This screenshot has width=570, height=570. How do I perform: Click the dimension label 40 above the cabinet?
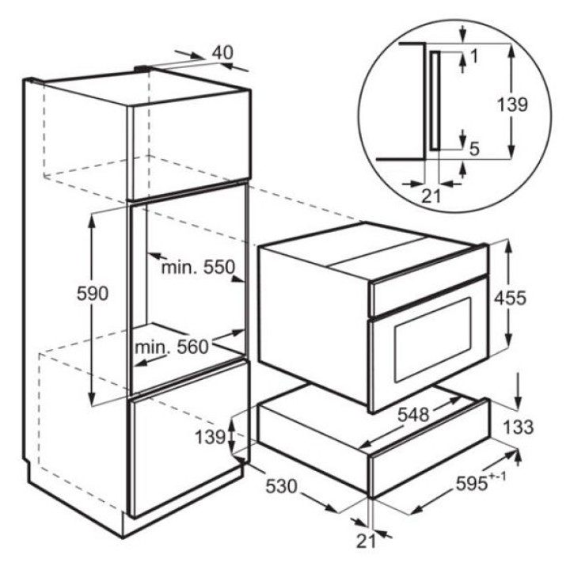(x=222, y=53)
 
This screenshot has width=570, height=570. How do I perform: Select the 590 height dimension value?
(x=93, y=293)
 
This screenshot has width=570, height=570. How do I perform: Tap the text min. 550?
(x=198, y=268)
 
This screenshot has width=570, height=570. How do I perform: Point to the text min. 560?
(x=172, y=347)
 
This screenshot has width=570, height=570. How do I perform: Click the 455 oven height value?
(x=510, y=298)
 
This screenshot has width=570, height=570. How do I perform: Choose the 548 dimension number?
(x=413, y=414)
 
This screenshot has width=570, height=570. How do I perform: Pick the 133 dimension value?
(x=519, y=427)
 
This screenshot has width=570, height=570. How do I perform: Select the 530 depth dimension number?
(x=281, y=486)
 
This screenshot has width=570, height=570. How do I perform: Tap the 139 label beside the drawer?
(x=210, y=437)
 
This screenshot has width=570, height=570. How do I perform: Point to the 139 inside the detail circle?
(x=512, y=105)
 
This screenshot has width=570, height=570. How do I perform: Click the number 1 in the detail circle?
(x=474, y=56)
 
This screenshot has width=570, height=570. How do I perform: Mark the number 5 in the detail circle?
(x=474, y=149)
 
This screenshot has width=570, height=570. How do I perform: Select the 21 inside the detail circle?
(x=431, y=196)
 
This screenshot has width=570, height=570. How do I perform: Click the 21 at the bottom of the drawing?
(x=366, y=541)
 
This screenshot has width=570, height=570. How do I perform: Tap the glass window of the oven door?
(x=432, y=340)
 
